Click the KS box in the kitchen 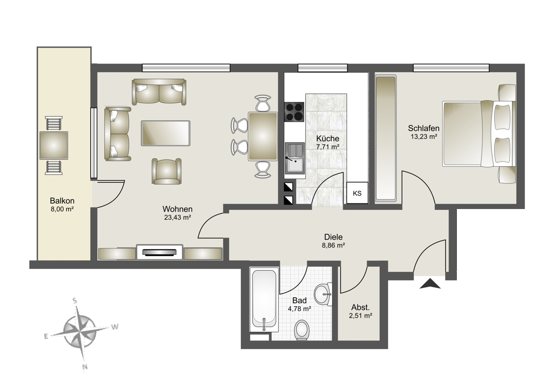tap(357, 193)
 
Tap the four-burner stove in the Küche tap(294, 112)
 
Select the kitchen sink tap(295, 158)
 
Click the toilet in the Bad tap(302, 330)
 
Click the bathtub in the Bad tap(264, 300)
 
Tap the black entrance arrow tap(430, 283)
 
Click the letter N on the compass tap(85, 367)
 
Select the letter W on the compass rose tap(114, 327)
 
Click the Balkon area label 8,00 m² tap(62, 210)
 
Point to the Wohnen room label tap(177, 209)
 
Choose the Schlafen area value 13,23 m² tap(424, 137)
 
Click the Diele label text tap(334, 237)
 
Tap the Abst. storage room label tap(360, 308)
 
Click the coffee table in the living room tap(166, 133)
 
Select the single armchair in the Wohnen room tap(167, 171)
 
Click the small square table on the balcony tap(54, 146)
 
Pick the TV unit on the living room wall tap(160, 252)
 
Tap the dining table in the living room tap(263, 136)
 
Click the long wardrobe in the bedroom tap(386, 139)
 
